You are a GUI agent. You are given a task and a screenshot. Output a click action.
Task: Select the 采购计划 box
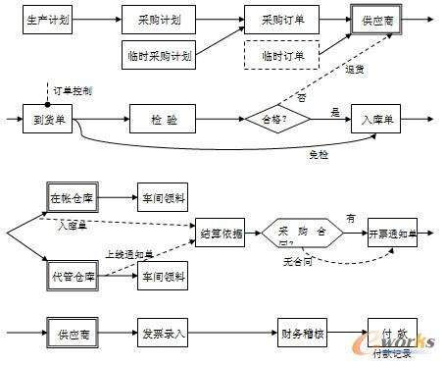tap(157, 19)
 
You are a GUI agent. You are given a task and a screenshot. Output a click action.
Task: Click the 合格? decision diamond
tap(276, 118)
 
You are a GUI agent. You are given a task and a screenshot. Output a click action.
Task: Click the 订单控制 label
tap(73, 90)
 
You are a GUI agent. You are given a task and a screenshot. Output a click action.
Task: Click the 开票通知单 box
tap(391, 235)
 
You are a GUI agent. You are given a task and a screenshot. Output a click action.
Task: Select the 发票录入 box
tap(163, 333)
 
